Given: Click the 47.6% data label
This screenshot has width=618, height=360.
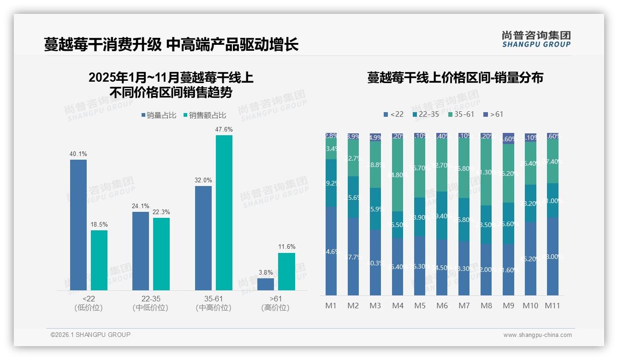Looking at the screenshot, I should (x=224, y=130).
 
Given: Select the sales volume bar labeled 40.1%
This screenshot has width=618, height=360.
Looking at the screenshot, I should (x=78, y=225).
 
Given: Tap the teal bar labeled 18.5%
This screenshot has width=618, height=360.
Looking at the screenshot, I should (x=99, y=260).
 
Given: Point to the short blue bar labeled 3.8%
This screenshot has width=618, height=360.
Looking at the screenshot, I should (x=266, y=284).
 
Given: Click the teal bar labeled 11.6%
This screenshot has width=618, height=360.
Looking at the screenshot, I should (x=286, y=271).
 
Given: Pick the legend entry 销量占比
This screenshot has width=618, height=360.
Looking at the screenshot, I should (x=159, y=115).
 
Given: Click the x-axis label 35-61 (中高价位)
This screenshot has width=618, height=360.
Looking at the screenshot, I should (x=214, y=303).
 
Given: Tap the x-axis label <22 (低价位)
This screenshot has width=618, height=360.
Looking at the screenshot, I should (x=89, y=303).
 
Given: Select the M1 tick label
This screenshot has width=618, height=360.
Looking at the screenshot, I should (x=331, y=306).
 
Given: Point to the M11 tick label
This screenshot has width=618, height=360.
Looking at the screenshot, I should (x=552, y=306).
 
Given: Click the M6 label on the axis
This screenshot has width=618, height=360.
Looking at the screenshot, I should (x=442, y=306).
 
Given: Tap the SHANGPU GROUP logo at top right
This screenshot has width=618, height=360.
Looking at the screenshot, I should (x=536, y=39).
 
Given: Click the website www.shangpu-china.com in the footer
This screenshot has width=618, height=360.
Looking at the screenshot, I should (x=537, y=335).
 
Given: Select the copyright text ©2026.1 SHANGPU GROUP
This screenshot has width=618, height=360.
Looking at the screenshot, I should (x=90, y=335).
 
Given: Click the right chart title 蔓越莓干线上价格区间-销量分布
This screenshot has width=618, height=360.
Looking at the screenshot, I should (x=455, y=78).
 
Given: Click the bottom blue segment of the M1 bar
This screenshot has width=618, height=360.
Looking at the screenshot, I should (x=331, y=252).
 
